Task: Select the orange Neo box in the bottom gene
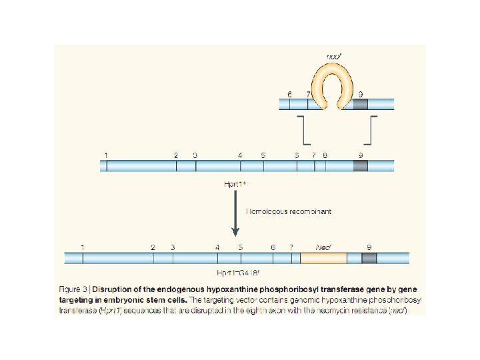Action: pyautogui.click(x=323, y=258)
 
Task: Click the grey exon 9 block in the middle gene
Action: pyautogui.click(x=360, y=165)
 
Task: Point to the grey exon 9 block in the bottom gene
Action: pyautogui.click(x=369, y=258)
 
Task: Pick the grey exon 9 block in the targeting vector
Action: pyautogui.click(x=360, y=104)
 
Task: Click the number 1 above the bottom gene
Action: pyautogui.click(x=83, y=247)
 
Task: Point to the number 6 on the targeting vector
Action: pyautogui.click(x=289, y=94)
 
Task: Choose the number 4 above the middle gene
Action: pyautogui.click(x=240, y=155)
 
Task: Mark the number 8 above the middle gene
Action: pyautogui.click(x=325, y=155)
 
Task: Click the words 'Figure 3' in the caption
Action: pyautogui.click(x=73, y=289)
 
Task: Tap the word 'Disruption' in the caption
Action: pyautogui.click(x=114, y=289)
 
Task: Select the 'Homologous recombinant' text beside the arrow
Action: pyautogui.click(x=289, y=211)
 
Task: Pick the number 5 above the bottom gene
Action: pyautogui.click(x=241, y=247)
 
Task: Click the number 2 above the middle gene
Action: pyautogui.click(x=176, y=155)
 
